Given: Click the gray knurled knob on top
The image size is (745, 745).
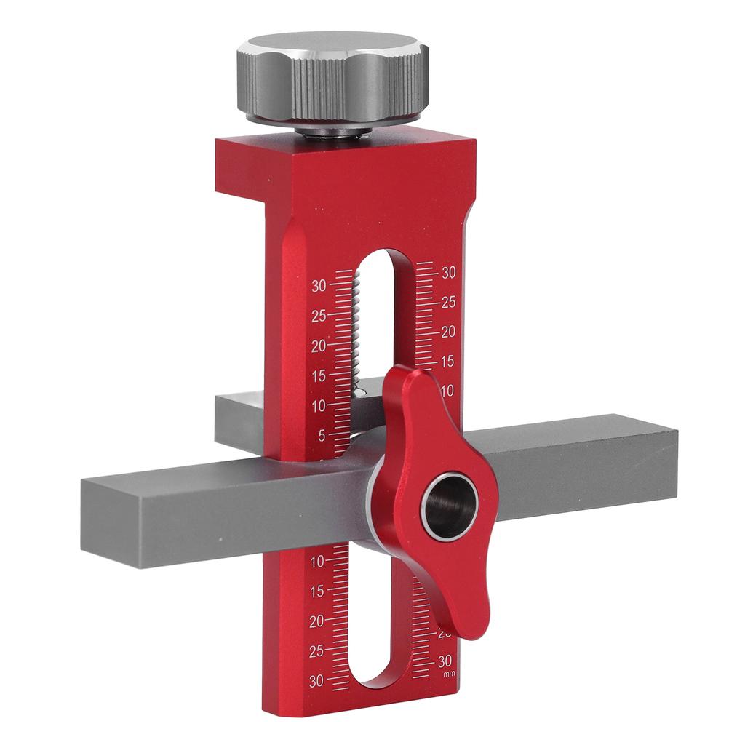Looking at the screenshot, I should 332,76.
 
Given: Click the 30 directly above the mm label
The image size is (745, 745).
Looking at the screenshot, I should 447,661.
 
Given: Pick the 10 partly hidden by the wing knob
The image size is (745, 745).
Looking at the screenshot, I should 446,391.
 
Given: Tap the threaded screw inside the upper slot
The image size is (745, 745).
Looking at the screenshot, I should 357,327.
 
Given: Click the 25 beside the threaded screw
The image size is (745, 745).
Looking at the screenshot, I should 319,316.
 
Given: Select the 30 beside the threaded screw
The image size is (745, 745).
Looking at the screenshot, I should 319,286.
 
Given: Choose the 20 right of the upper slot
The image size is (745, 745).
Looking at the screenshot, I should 448,332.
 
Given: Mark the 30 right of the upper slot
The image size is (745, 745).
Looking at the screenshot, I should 448,273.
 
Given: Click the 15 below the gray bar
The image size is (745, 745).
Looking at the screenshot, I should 316,591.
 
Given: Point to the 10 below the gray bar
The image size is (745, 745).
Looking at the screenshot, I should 317,562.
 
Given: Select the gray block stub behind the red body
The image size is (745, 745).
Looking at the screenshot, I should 240,422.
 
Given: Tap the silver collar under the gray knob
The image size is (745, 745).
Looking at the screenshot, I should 331,130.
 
